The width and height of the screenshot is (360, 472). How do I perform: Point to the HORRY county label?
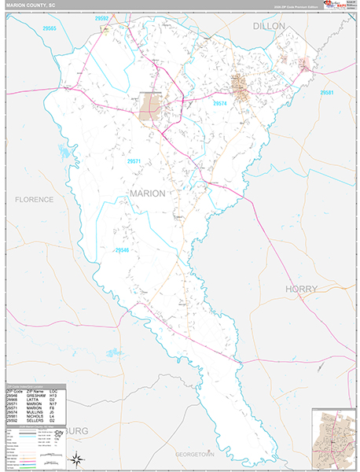tap(300, 289)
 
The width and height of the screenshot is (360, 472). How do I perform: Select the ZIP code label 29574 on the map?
tap(219, 103)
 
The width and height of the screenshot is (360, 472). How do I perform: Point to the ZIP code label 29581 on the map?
tap(327, 93)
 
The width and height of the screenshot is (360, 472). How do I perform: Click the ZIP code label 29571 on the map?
tap(134, 161)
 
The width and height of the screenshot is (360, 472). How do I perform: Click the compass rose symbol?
tap(75, 459)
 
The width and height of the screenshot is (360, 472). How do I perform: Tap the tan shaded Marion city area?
tap(149, 108)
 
